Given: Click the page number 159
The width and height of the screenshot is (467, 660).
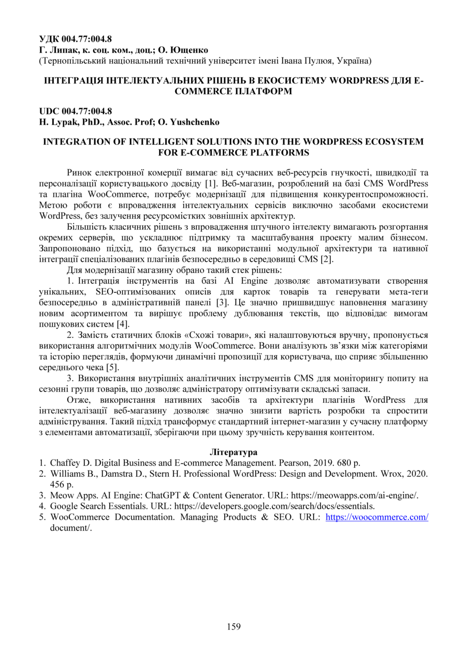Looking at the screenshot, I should pyautogui.click(x=233, y=626).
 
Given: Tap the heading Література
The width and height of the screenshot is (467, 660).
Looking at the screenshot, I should pyautogui.click(x=233, y=452).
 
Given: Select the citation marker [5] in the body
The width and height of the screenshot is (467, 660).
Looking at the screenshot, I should pyautogui.click(x=113, y=367).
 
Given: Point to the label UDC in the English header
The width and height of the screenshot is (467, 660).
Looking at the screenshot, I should pyautogui.click(x=50, y=111).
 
